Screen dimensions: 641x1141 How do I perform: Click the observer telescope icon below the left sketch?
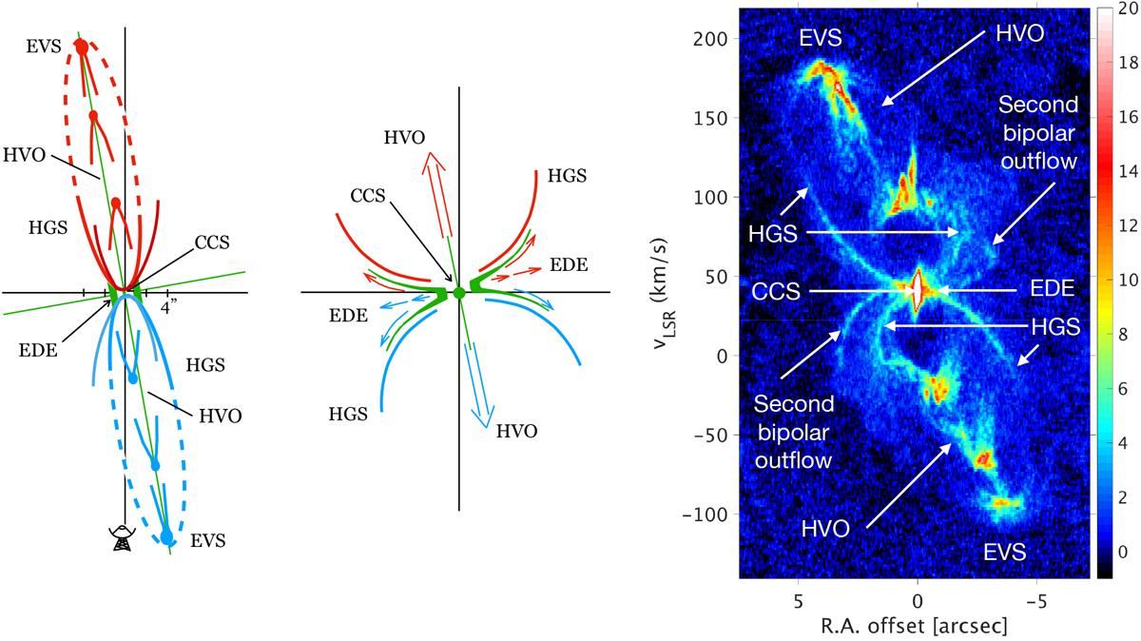click(121, 538)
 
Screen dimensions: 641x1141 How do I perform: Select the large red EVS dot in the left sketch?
click(82, 47)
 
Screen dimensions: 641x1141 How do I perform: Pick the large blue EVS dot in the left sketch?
click(167, 537)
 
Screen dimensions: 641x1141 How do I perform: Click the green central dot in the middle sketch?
click(459, 293)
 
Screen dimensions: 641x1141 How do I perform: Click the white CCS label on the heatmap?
click(774, 291)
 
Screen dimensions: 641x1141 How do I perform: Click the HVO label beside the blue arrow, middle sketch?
click(517, 431)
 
